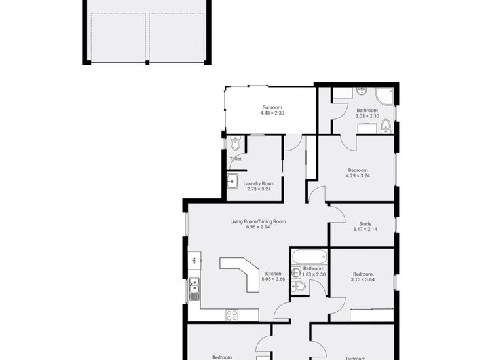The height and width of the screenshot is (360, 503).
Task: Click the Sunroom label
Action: [272, 107]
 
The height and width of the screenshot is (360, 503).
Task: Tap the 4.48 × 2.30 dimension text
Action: [272, 113]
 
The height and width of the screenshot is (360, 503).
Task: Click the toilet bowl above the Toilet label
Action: [235, 143]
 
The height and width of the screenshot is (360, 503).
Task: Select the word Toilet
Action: [235, 159]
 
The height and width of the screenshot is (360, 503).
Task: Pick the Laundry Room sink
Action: [233, 181]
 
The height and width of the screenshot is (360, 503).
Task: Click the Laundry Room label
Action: [258, 183]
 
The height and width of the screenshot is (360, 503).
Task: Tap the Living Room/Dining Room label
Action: [257, 221]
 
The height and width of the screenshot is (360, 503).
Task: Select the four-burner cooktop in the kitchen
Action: [232, 315]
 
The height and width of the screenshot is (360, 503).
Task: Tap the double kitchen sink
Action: [194, 288]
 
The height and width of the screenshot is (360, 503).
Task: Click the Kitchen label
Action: [272, 273]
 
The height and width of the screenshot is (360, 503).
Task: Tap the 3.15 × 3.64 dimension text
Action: [362, 280]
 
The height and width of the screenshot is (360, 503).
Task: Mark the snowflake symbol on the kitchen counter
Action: [194, 261]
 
